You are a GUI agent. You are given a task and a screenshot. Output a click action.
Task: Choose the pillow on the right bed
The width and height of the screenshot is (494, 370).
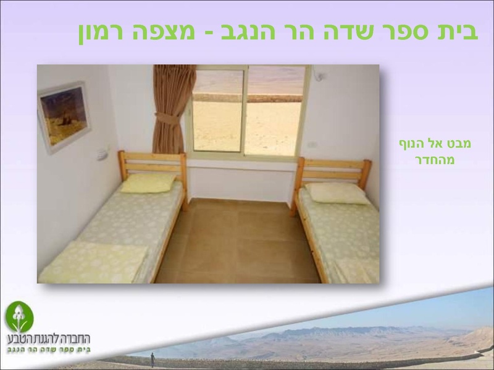point(337,193)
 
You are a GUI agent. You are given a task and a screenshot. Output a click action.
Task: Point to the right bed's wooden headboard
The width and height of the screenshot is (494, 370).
point(333,171)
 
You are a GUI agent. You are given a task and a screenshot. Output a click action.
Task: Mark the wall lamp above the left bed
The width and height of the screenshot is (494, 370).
point(102,154)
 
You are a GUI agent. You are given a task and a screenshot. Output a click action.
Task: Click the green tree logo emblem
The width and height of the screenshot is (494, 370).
point(19,316)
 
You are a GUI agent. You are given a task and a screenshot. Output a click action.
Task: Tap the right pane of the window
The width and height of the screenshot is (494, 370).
point(275,111)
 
